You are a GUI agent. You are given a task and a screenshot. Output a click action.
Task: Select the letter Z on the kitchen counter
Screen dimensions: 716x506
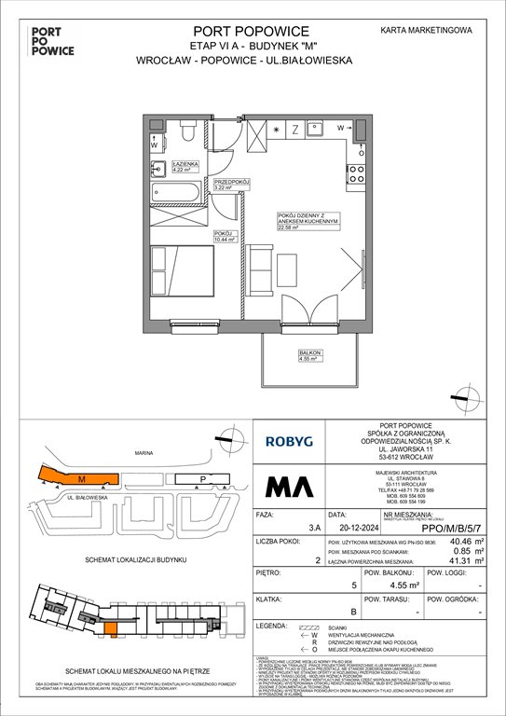click(294, 129)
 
